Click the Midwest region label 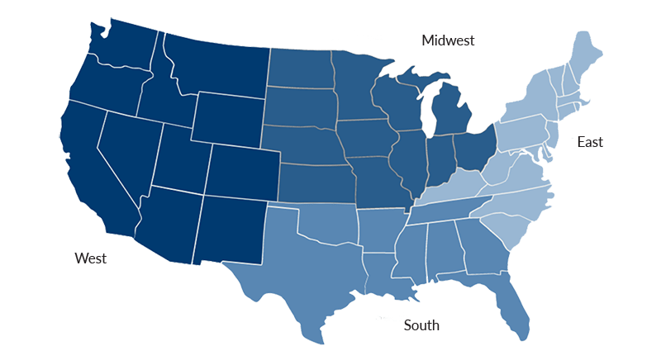(x=448, y=40)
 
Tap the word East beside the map (x=590, y=143)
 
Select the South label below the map (x=421, y=325)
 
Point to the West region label (x=91, y=258)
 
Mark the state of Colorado (x=240, y=169)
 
